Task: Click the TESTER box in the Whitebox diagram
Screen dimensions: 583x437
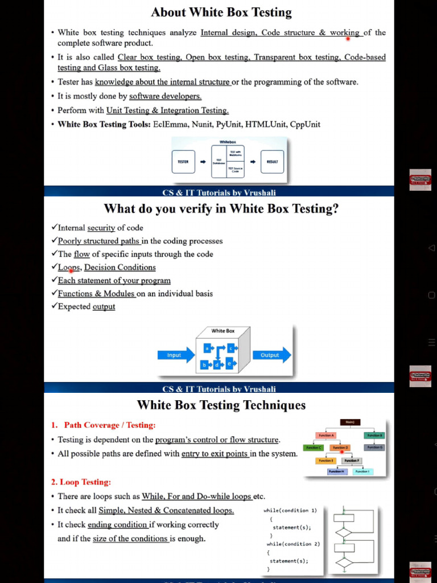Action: click(x=183, y=162)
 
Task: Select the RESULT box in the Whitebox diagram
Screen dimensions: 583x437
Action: click(x=272, y=162)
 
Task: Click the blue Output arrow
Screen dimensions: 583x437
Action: click(x=271, y=355)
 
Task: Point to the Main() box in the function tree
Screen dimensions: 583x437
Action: click(x=350, y=422)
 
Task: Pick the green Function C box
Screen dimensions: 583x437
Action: click(x=314, y=447)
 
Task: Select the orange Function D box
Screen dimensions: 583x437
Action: click(x=340, y=447)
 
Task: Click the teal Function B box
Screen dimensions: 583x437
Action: click(x=374, y=436)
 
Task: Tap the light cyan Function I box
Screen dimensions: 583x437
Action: click(x=362, y=471)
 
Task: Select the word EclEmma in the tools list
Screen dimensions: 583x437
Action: click(x=170, y=124)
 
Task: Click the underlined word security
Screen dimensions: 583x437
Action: click(x=101, y=228)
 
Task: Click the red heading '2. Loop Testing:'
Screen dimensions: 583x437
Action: click(x=81, y=482)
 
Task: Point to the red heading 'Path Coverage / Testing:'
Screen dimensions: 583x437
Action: click(x=109, y=425)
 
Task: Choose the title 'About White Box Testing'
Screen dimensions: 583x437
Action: click(x=221, y=12)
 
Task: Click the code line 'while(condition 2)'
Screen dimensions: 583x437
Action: click(x=293, y=544)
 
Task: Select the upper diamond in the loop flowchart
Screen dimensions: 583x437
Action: click(x=344, y=533)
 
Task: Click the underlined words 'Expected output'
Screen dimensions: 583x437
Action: click(x=86, y=306)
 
